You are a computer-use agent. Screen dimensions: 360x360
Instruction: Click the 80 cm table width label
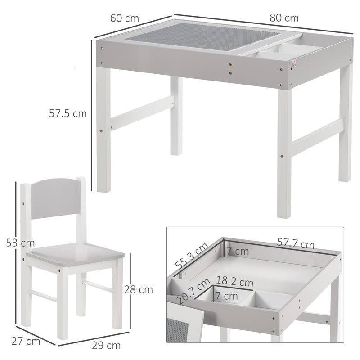tap(284, 18)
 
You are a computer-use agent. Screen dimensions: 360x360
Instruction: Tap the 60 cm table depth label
tap(124, 18)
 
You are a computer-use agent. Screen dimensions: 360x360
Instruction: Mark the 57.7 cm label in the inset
tap(295, 245)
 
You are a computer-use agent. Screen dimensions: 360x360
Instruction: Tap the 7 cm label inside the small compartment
tap(225, 296)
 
